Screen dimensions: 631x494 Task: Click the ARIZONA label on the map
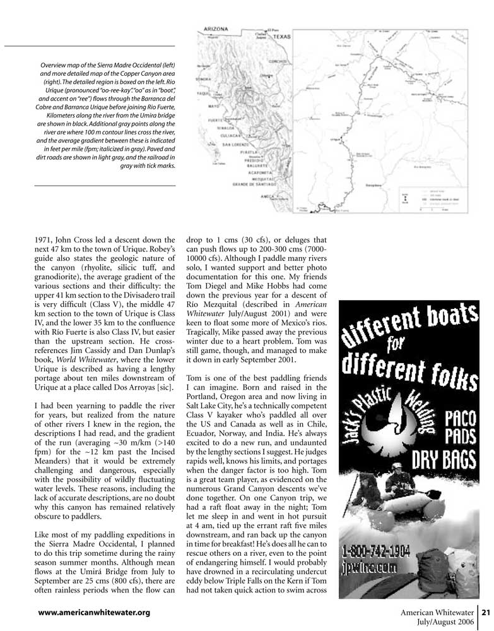click(215, 29)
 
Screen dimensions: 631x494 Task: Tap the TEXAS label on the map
click(281, 37)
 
